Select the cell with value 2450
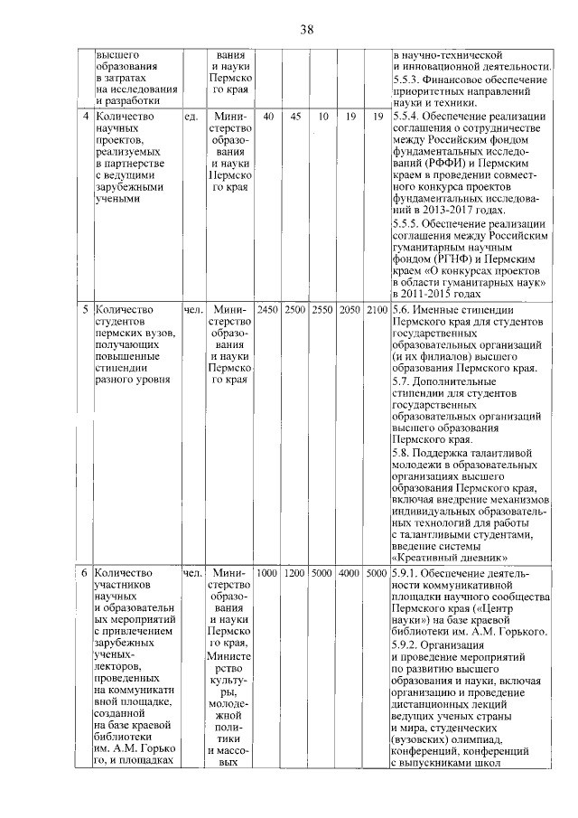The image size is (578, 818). point(268,310)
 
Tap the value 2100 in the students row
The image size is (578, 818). point(377,310)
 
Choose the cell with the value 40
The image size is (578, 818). point(268,117)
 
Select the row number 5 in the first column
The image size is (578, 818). point(85,310)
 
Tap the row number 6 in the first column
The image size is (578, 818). point(85,573)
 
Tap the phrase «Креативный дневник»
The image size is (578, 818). point(449,557)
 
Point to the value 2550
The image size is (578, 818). point(322,310)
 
